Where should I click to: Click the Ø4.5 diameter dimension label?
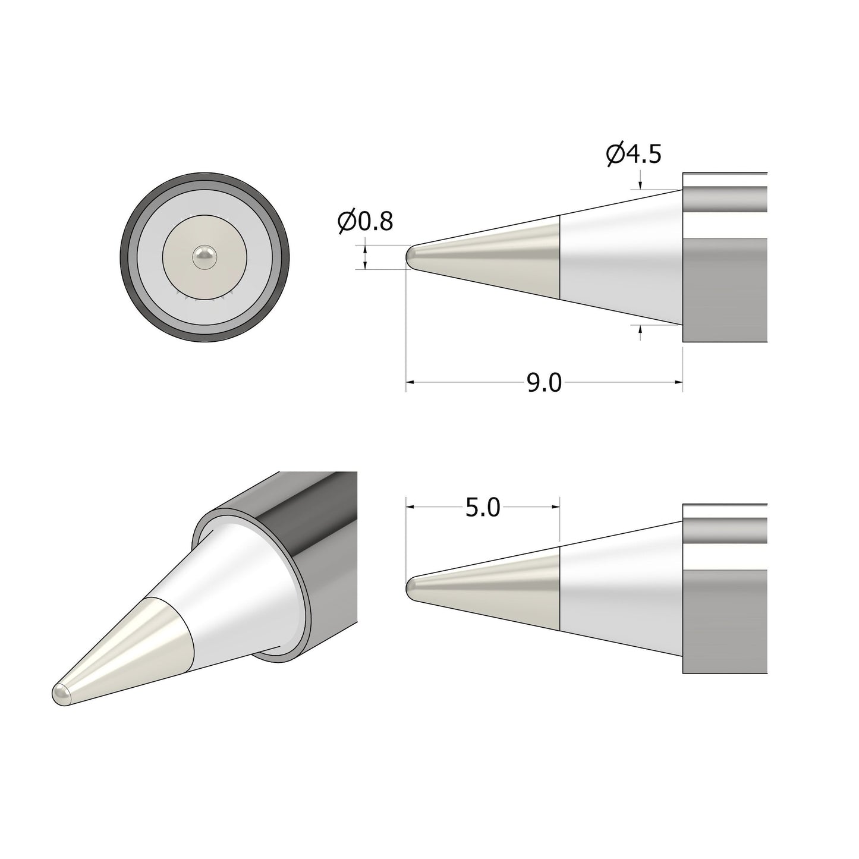[x=634, y=154]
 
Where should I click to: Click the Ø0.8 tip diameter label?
[x=365, y=222]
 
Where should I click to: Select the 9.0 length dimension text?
[x=544, y=383]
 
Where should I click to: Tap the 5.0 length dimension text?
[x=483, y=508]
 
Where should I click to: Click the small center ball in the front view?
[x=205, y=257]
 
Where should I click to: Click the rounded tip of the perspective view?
[x=61, y=694]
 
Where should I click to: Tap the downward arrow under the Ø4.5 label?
[x=640, y=185]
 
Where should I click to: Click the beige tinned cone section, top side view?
[x=505, y=257]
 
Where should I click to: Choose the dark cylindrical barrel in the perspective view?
[x=309, y=523]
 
